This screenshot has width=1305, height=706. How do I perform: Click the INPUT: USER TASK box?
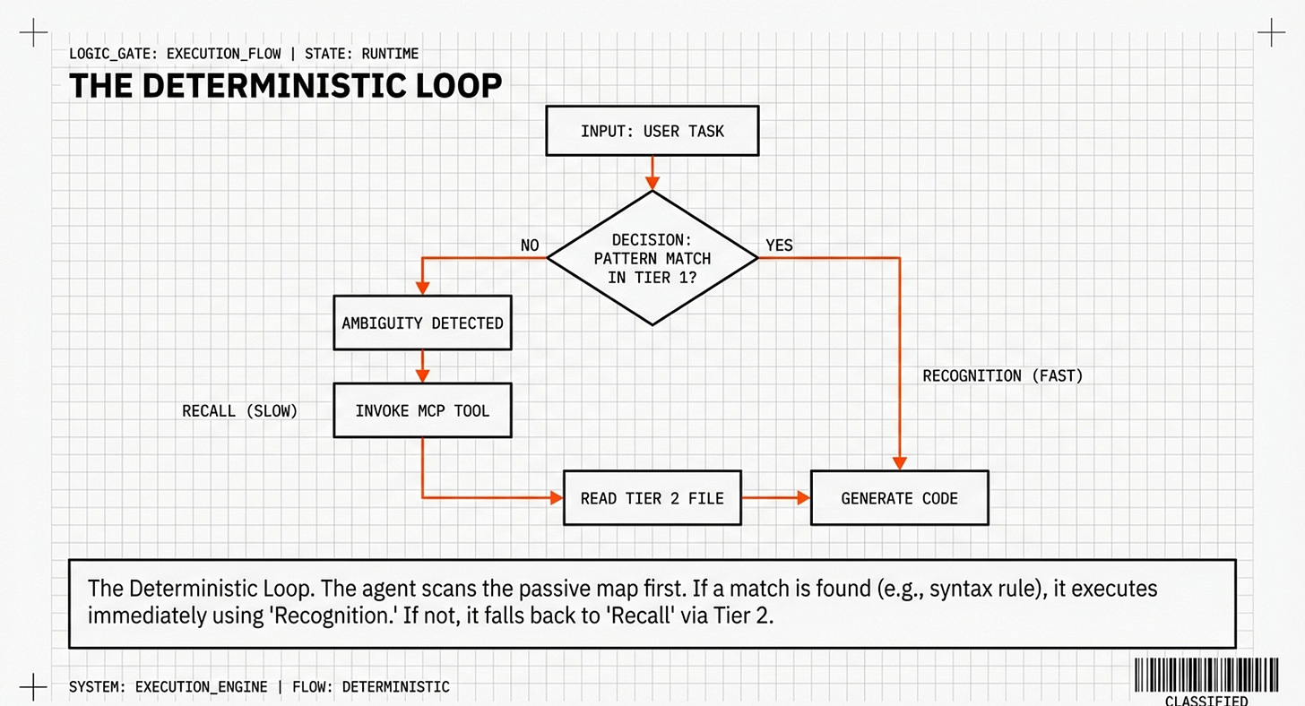click(x=652, y=131)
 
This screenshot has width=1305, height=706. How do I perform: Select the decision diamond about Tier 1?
click(x=652, y=258)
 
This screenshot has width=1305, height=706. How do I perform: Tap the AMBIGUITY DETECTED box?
click(x=422, y=323)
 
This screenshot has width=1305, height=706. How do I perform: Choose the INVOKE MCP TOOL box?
click(x=422, y=410)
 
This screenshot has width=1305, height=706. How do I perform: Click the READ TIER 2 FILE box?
click(x=652, y=497)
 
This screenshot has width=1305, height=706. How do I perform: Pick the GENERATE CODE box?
click(x=899, y=497)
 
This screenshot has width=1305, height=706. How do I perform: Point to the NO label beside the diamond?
click(x=530, y=245)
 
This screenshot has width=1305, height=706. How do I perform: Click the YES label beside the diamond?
click(x=779, y=245)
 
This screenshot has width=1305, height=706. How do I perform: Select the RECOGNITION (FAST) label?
click(x=1003, y=376)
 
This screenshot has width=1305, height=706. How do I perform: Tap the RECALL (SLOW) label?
click(x=239, y=411)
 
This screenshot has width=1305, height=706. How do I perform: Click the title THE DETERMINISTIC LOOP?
click(x=285, y=86)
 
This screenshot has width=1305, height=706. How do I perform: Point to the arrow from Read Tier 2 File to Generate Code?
click(x=776, y=497)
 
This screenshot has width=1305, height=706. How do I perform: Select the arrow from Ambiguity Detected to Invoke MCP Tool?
click(x=422, y=366)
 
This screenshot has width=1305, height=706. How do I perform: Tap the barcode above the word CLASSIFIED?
click(x=1206, y=675)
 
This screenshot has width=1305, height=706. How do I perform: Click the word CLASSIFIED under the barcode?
click(x=1206, y=700)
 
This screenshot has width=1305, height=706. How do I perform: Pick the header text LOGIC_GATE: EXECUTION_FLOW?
click(x=175, y=54)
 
